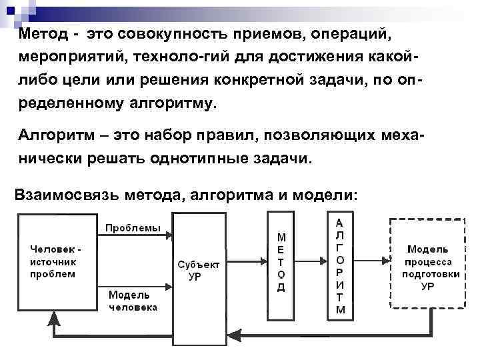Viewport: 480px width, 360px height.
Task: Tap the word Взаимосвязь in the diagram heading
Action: (65, 195)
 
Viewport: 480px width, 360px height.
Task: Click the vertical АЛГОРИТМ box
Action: (340, 264)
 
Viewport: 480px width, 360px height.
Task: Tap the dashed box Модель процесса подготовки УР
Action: (427, 264)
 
